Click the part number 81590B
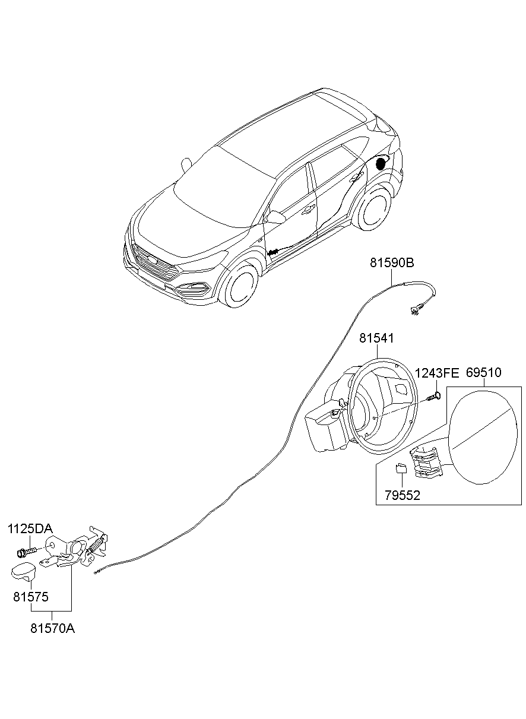click(392, 262)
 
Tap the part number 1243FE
click(437, 373)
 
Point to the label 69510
click(483, 373)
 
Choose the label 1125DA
click(30, 529)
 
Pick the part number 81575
click(31, 596)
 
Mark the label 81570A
click(52, 628)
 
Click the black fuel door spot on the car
click(381, 163)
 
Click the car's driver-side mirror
click(275, 217)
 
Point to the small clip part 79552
click(401, 468)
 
